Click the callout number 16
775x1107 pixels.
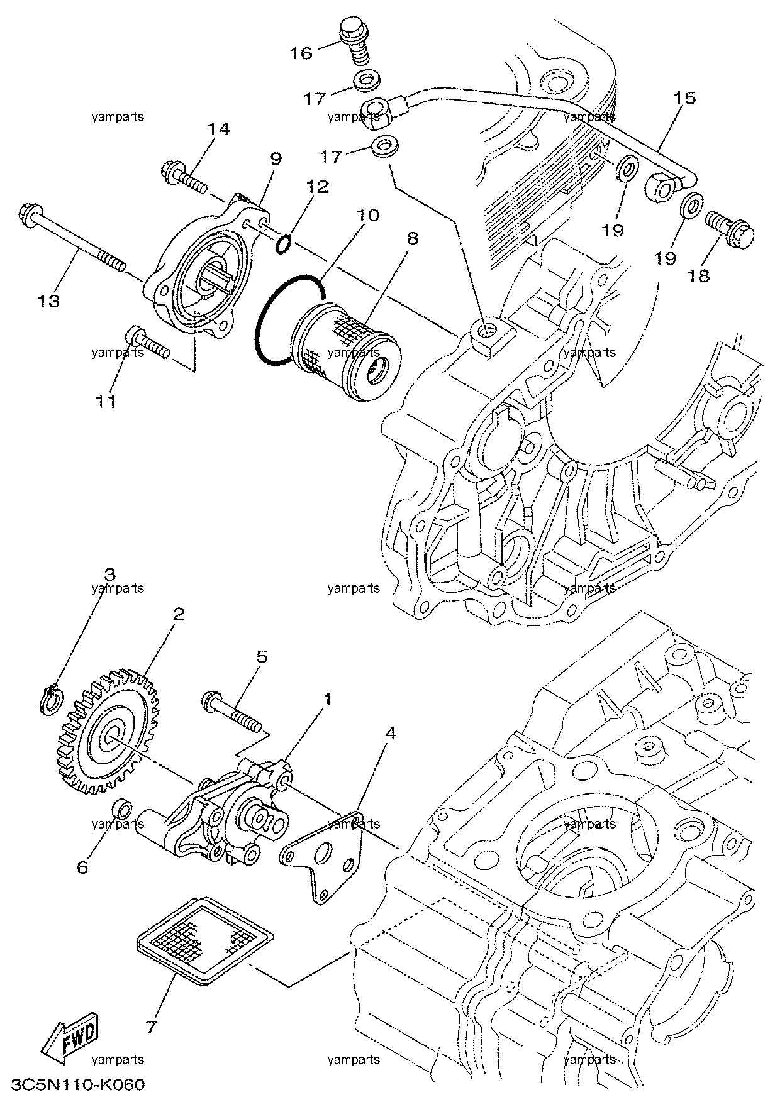coord(301,53)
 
